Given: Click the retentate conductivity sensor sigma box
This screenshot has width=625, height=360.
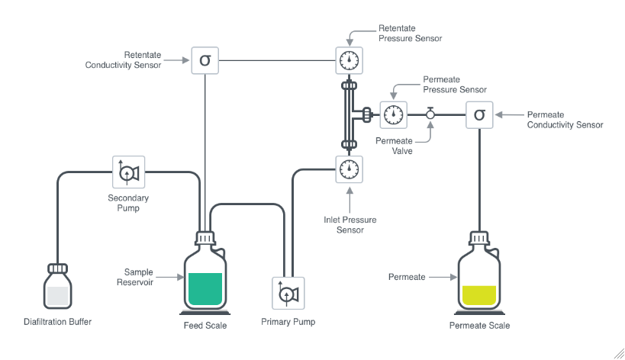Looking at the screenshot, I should click(205, 59).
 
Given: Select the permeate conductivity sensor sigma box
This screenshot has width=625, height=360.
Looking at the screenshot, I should click(478, 114).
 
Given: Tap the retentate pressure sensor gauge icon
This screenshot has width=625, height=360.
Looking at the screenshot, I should click(350, 59).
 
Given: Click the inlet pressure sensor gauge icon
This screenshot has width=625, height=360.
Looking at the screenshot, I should click(350, 168).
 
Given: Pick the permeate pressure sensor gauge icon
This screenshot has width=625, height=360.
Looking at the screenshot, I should click(393, 114).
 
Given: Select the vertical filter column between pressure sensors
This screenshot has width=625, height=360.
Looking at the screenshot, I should click(350, 114).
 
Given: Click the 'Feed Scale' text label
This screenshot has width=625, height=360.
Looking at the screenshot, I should click(205, 326).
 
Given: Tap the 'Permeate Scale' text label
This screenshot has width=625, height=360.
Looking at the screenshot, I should click(478, 326).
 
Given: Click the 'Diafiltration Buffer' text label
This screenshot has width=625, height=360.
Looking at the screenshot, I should click(57, 322).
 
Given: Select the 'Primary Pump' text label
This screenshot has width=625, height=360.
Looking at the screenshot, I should click(288, 322).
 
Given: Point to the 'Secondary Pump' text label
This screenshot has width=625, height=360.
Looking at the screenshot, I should click(127, 202).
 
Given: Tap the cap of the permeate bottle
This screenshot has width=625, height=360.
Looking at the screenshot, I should click(478, 238).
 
